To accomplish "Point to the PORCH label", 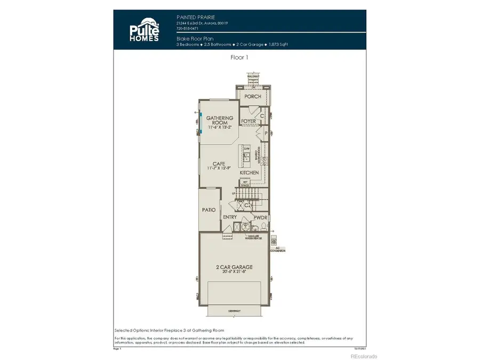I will point(253,97).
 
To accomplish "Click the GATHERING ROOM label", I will point(220,121).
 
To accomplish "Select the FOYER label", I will point(249,122).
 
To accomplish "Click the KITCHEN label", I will point(249,173).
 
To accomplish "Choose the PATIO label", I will point(209,210).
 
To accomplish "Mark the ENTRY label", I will point(230,217).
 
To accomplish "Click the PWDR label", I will point(260,218).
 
